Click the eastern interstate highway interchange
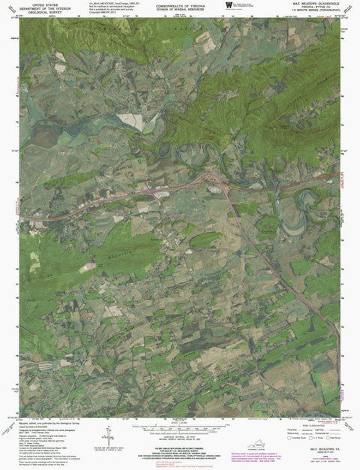click(217, 184)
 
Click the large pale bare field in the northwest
click(129, 120)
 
